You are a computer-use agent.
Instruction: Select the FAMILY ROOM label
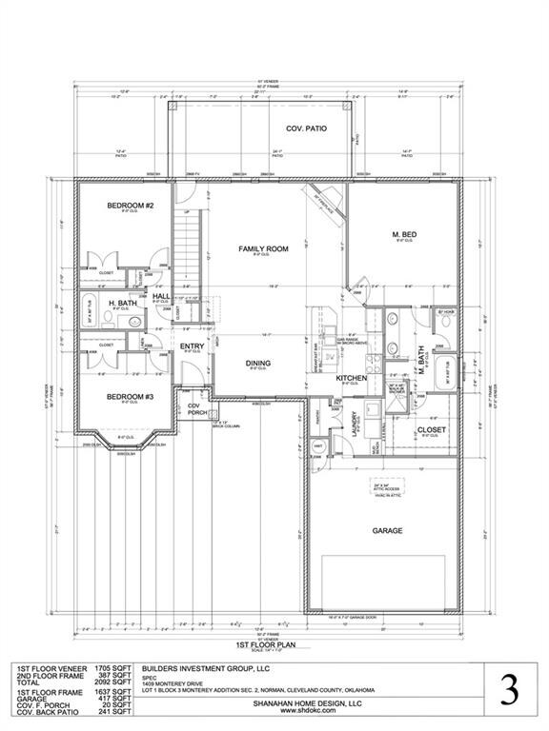263,248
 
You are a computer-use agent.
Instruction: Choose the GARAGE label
387,530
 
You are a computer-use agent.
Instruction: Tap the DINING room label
257,363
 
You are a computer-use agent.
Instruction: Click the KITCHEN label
352,379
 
